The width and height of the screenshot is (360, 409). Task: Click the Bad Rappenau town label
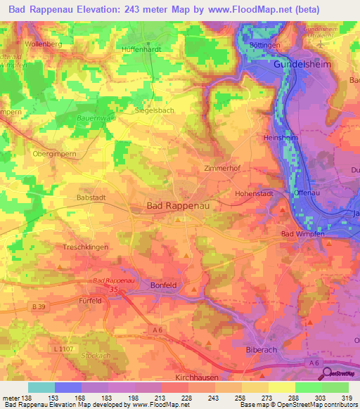[179, 206]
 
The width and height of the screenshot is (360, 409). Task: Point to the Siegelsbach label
[155, 110]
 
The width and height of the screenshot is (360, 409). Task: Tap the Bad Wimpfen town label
[302, 233]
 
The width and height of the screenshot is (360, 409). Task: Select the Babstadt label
[90, 198]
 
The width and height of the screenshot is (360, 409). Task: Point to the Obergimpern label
[53, 152]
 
